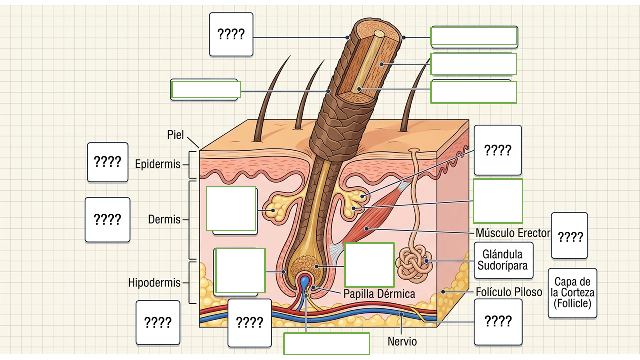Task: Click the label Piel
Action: coord(175,135)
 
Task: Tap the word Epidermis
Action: coord(158,164)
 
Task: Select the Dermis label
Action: coord(164,219)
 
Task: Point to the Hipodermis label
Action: coord(154,283)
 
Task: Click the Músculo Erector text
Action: coord(513,233)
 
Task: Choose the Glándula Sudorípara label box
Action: coord(503,260)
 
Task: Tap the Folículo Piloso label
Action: coord(509,292)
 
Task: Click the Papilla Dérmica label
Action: coord(379,294)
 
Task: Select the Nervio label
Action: coord(402,341)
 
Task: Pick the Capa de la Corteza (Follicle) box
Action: coord(572,293)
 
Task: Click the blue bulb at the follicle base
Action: coord(305,281)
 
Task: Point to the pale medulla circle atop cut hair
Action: coord(379,34)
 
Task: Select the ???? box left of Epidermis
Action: coord(108,162)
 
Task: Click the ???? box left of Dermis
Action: coord(107,220)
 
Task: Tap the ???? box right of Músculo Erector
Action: coord(569,235)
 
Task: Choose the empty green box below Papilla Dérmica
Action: coord(327,344)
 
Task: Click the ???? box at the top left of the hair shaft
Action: coord(231,34)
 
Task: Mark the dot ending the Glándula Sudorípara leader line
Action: coord(426,261)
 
